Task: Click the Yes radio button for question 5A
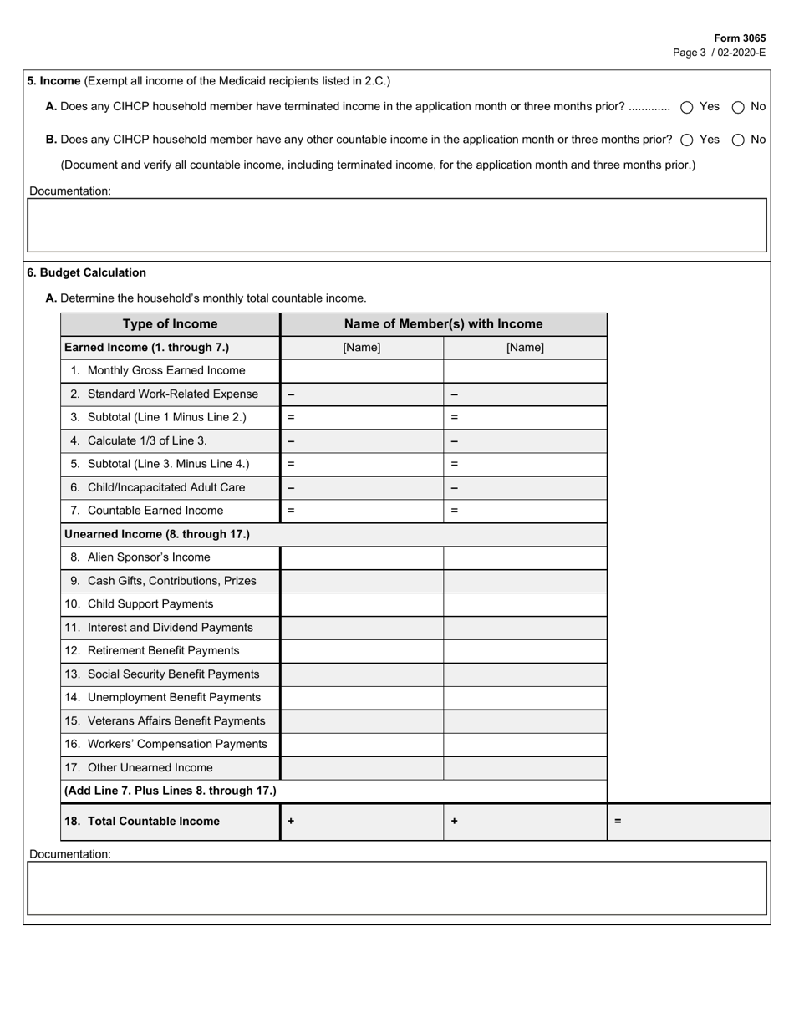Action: pyautogui.click(x=687, y=107)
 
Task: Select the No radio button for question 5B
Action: pyautogui.click(x=738, y=140)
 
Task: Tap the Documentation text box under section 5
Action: pyautogui.click(x=397, y=225)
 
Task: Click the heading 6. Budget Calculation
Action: pyautogui.click(x=86, y=272)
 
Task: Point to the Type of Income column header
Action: pyautogui.click(x=170, y=324)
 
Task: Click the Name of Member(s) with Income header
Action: pyautogui.click(x=443, y=324)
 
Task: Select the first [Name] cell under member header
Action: pyautogui.click(x=361, y=348)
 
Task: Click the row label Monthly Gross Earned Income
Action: pyautogui.click(x=165, y=370)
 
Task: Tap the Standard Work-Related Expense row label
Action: pyautogui.click(x=172, y=394)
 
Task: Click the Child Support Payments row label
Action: pyautogui.click(x=150, y=604)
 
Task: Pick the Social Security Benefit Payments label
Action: pyautogui.click(x=172, y=674)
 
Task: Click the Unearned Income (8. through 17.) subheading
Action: pyautogui.click(x=156, y=534)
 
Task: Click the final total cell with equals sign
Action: pyautogui.click(x=688, y=822)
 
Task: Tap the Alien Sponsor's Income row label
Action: pyautogui.click(x=148, y=557)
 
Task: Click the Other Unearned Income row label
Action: pyautogui.click(x=150, y=768)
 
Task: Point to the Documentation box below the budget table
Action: pyautogui.click(x=397, y=888)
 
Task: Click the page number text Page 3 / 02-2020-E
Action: pyautogui.click(x=719, y=52)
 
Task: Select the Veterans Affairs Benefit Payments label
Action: pyautogui.click(x=176, y=721)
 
